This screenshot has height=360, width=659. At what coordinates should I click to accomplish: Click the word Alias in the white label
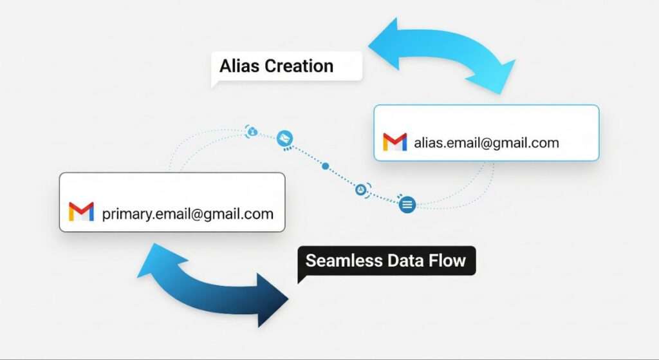pos(238,66)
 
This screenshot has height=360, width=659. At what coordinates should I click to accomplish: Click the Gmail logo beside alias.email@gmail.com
pos(394,142)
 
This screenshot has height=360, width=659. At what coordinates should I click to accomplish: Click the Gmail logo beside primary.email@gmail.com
pos(81,212)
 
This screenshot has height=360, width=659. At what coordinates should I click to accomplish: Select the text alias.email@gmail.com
pos(486,142)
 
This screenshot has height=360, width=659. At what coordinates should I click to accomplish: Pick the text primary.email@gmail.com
pos(187,213)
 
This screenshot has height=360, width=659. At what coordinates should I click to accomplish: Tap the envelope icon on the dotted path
pos(284,137)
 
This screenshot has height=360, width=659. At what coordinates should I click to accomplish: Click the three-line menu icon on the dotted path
pos(407,205)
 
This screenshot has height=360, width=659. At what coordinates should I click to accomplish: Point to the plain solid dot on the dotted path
pos(326,166)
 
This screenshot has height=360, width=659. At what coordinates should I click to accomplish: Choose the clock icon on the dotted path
pos(362,189)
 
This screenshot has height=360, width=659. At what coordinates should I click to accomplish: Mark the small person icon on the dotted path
pos(252,131)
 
